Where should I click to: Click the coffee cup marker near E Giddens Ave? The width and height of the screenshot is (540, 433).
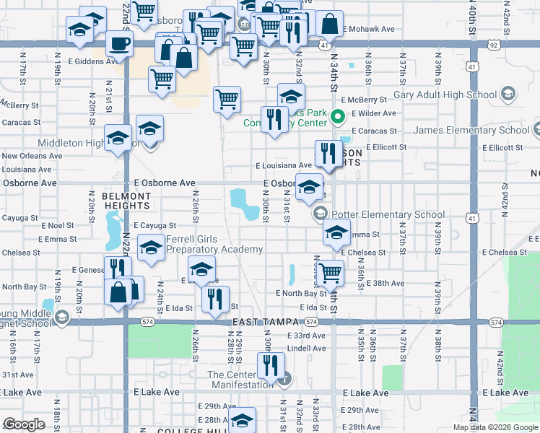coord(119,43)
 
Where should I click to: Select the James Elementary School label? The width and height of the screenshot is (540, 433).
coord(471,131)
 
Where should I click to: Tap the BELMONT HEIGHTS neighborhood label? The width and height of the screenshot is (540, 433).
coord(126,201)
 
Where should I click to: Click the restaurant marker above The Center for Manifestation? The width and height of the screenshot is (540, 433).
coord(270,365)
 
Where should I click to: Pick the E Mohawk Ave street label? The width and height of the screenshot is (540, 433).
coord(368,30)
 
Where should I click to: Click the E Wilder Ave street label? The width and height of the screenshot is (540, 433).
coord(374,113)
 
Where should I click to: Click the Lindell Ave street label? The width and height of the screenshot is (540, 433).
coord(306,348)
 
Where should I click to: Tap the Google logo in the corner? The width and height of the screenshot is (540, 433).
coord(24,424)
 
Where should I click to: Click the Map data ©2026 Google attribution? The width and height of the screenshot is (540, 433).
coord(495,427)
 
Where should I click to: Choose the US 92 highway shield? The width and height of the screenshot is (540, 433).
coord(493,44)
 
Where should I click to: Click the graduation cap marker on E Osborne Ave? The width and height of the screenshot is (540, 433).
coord(309,185)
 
